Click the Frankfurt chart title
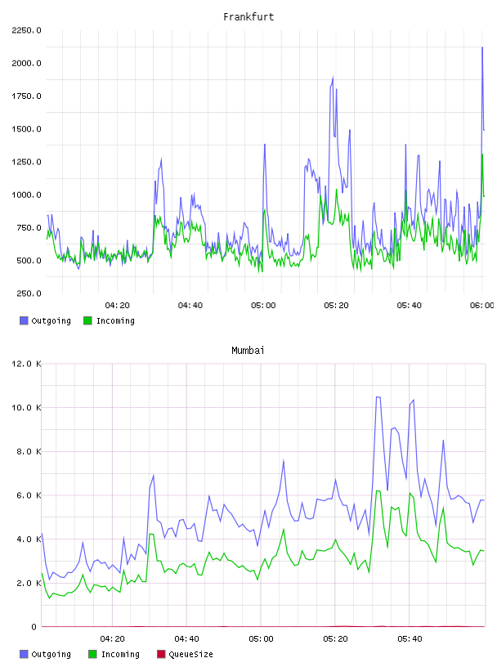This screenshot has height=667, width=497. point(248,16)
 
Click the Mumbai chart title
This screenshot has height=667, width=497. point(248,350)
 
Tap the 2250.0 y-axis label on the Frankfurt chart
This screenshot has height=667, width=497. point(26,30)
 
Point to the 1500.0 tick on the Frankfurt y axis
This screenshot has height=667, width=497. point(26,129)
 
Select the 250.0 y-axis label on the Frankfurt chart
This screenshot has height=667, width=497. point(29,293)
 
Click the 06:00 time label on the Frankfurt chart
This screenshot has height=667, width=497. point(482,305)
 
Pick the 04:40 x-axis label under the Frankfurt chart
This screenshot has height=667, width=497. point(190,305)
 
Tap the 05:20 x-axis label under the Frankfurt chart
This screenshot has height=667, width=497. point(336,305)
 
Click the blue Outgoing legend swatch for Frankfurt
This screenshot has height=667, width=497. point(24,320)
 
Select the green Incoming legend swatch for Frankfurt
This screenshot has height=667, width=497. point(87,320)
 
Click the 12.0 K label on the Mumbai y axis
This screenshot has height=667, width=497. point(26,364)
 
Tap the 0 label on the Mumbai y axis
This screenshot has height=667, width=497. point(34,627)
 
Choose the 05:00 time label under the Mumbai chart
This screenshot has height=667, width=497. point(261,638)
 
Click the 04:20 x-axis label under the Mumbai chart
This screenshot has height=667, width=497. point(112,638)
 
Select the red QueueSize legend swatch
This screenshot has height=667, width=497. point(161,654)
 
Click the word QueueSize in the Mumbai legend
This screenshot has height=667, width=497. point(190,654)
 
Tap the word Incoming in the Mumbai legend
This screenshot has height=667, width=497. point(120,654)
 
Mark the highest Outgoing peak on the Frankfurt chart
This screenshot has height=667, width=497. point(482,47)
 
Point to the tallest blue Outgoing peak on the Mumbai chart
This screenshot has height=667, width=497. point(378,397)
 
